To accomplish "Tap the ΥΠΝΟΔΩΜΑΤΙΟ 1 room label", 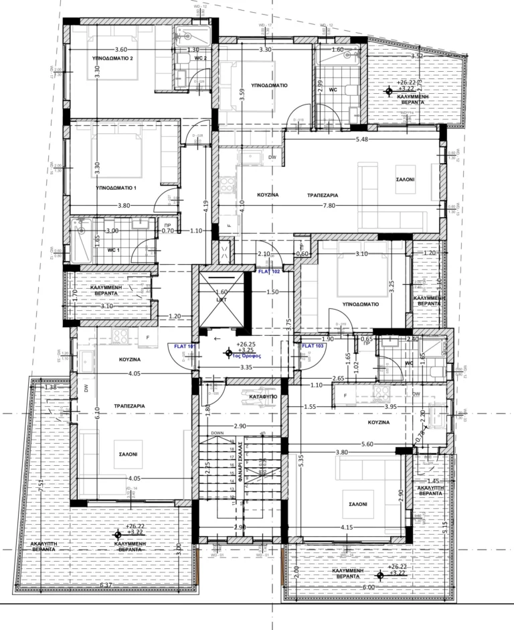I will (116, 188).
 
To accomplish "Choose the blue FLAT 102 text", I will (269, 272).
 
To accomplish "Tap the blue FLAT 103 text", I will (313, 346).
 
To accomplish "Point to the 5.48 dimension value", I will (362, 139).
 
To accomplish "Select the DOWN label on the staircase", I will (217, 434).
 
